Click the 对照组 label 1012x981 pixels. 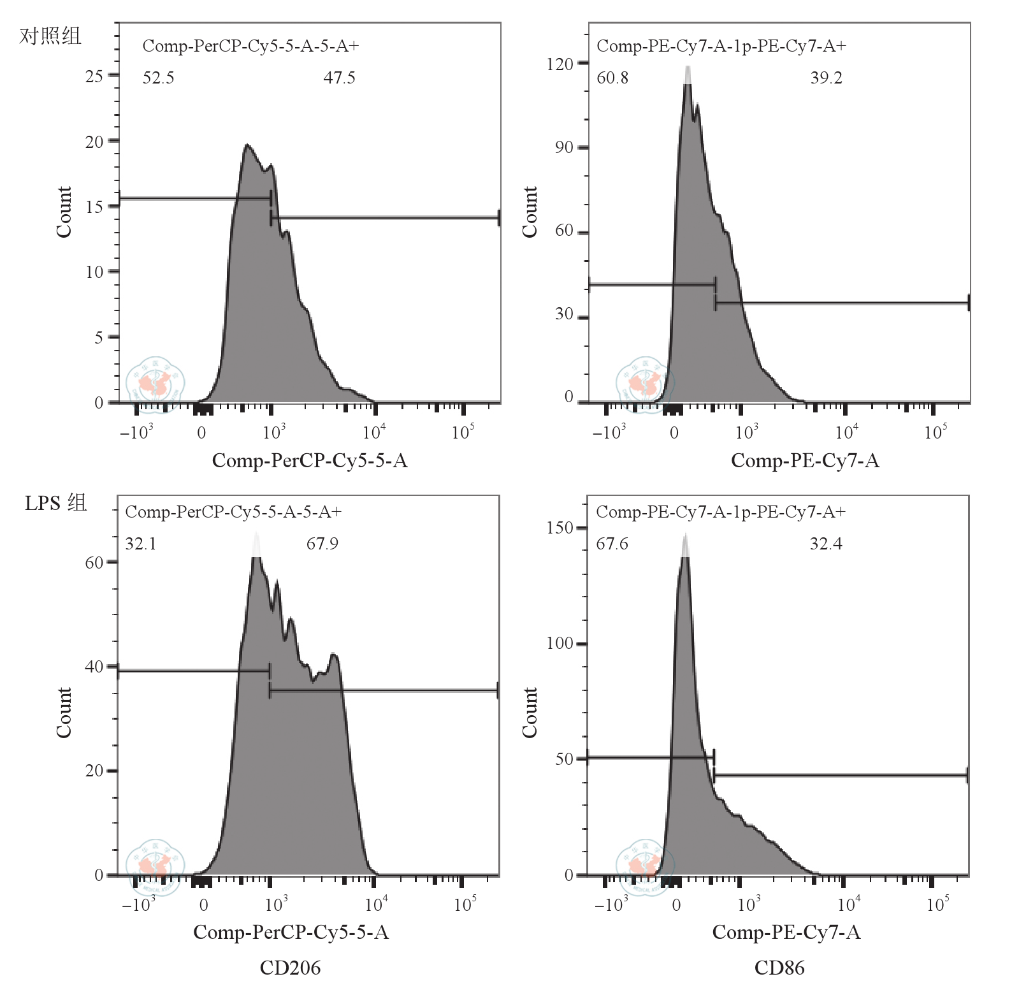point(50,36)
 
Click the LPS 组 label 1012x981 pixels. point(55,503)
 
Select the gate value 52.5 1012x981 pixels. point(158,78)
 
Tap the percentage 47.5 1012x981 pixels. point(339,78)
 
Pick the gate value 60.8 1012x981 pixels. point(612,78)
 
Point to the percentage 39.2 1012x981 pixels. point(826,78)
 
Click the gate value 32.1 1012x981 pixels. point(141,544)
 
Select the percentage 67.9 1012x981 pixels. point(322,544)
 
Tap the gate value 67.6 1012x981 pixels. point(612,544)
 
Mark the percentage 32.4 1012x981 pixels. point(826,544)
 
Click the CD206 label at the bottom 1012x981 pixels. point(290,968)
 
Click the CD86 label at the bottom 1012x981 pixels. point(779,968)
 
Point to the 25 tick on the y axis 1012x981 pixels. point(94,76)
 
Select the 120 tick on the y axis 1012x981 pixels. point(560,64)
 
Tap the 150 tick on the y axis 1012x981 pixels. point(560,528)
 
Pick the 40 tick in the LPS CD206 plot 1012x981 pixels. point(94,667)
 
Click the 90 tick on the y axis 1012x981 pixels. point(564,147)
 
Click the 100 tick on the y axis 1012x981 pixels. point(560,643)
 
